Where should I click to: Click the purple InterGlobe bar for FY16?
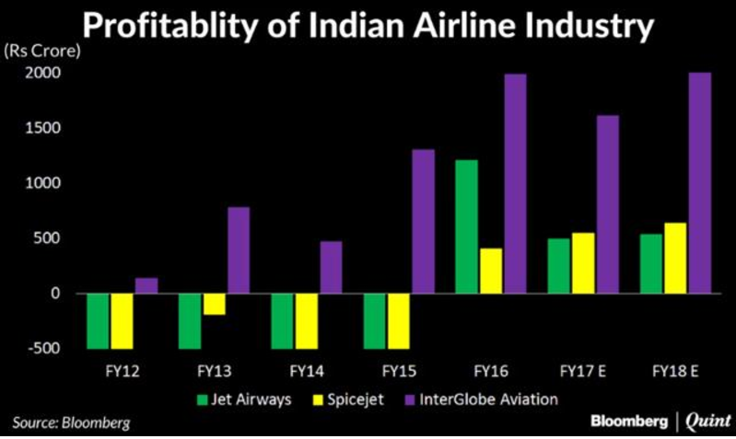click(515, 184)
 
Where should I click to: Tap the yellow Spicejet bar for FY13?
click(215, 304)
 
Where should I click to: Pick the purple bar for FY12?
click(146, 285)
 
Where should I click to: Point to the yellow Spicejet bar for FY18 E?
click(675, 258)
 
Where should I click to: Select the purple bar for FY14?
click(331, 267)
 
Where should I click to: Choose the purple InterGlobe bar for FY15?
click(423, 221)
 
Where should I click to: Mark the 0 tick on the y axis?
click(55, 293)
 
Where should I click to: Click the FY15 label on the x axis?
click(399, 373)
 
